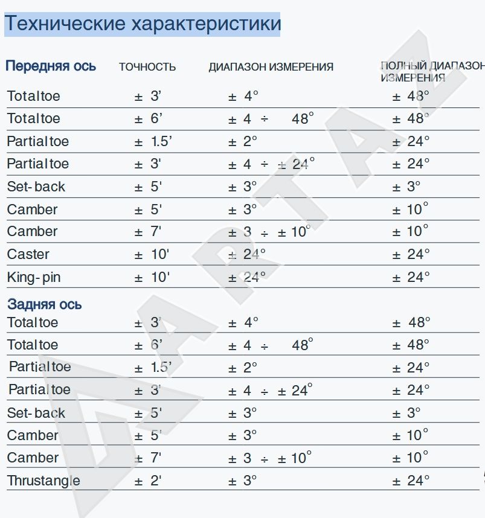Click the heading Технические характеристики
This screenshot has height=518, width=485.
coord(143,24)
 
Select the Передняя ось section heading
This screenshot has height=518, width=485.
coord(51,66)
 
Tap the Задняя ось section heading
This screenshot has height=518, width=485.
coord(45,304)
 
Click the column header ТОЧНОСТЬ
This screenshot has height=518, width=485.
coord(147,67)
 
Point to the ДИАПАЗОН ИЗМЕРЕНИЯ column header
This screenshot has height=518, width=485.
coord(271,67)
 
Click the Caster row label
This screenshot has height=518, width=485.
coord(28,254)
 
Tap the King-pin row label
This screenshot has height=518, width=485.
coord(34,278)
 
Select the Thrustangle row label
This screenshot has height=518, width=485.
coord(43,481)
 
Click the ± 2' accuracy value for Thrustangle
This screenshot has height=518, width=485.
coord(148,481)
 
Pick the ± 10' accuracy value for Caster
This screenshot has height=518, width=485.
coord(152,254)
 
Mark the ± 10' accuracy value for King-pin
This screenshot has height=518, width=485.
coord(152,278)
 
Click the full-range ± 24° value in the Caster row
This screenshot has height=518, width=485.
coord(411,254)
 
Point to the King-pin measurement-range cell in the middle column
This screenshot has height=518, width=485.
coord(247,278)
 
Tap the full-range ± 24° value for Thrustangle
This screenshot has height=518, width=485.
coord(411,481)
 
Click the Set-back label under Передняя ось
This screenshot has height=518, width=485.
coord(36,187)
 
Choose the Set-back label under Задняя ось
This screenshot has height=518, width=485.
coord(36,413)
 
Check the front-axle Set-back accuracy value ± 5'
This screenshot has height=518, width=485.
coord(148,187)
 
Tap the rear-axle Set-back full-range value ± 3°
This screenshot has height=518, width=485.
coord(406,413)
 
